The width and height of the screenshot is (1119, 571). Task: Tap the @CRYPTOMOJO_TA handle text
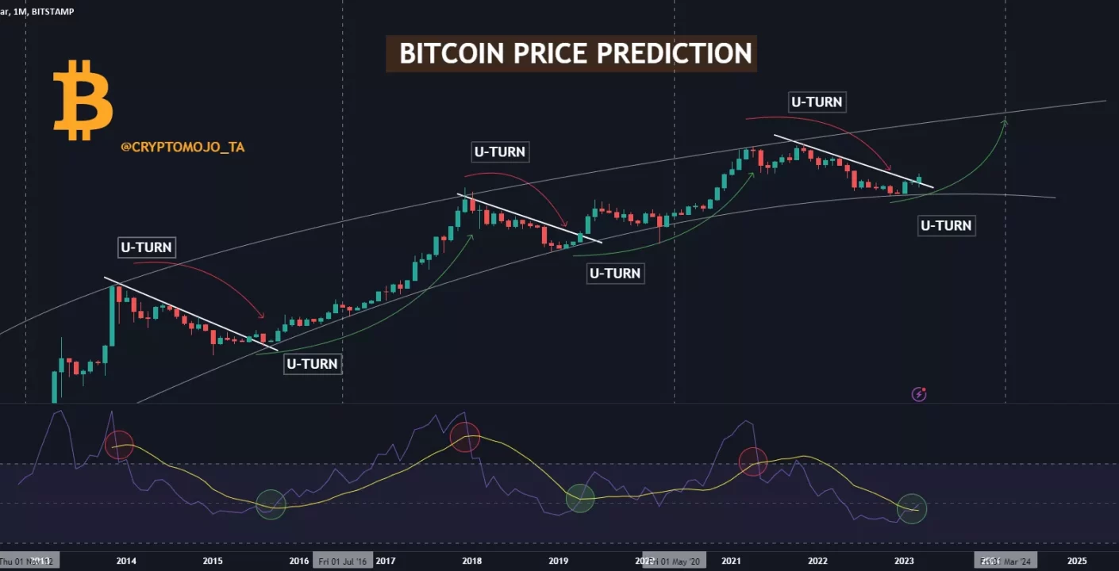pos(183,147)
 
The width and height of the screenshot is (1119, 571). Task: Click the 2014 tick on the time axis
pos(126,561)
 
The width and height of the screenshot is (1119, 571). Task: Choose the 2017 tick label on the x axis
pos(386,561)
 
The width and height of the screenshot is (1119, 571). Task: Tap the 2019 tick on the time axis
pos(558,561)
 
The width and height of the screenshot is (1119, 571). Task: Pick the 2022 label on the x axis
pos(817,561)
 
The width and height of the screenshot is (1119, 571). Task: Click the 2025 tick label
pos(1076,561)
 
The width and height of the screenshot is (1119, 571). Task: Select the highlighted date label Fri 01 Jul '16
pos(343,561)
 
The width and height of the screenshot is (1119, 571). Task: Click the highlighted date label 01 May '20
pos(675,561)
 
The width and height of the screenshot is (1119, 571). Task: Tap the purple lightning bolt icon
pos(919,394)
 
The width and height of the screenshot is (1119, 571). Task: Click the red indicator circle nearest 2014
pos(120,445)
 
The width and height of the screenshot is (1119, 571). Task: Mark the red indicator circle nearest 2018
pos(465,437)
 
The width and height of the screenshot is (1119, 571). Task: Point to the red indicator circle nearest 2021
pos(753,461)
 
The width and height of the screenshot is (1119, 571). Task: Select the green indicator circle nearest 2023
pos(912,508)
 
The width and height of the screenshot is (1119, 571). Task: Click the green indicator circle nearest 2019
pos(580,498)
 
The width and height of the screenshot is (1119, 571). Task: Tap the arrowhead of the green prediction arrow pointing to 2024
pos(1006,121)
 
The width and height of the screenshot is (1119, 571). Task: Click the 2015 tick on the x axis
pos(213,561)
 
